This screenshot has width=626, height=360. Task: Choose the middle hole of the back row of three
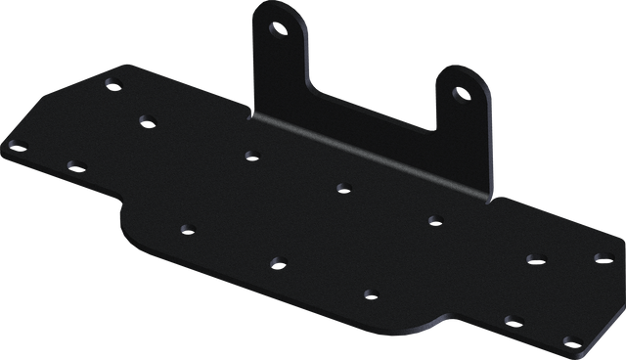[342, 186]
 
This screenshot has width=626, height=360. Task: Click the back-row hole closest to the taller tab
[251, 154]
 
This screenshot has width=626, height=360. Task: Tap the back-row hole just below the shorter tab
[432, 219]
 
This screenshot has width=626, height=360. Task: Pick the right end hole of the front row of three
[370, 292]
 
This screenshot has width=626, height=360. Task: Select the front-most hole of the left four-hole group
[74, 166]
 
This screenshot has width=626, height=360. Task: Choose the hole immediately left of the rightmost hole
[534, 258]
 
